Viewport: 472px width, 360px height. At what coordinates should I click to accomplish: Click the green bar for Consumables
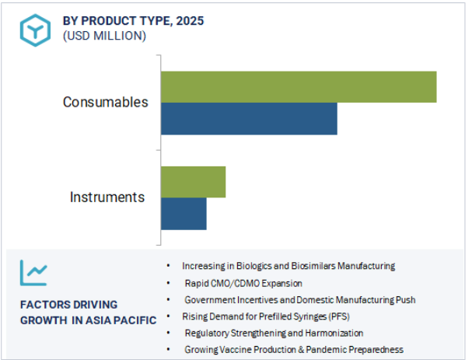299,87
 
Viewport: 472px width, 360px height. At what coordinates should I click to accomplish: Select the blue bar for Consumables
249,119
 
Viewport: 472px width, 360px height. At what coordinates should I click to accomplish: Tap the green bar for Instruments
194,182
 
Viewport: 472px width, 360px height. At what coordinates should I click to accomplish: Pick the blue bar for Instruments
184,214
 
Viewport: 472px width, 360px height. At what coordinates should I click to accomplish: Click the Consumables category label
105,102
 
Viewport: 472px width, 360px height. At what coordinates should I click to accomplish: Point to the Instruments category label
107,197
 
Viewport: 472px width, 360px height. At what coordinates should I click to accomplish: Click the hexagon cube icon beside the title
35,30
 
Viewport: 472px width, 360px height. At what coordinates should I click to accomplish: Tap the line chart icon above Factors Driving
33,273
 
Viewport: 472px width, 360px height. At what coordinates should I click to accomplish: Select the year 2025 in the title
190,21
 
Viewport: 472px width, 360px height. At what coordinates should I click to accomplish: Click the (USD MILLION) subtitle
104,36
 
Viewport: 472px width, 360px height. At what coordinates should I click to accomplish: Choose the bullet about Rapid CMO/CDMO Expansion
243,283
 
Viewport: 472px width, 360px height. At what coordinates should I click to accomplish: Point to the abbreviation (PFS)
339,316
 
